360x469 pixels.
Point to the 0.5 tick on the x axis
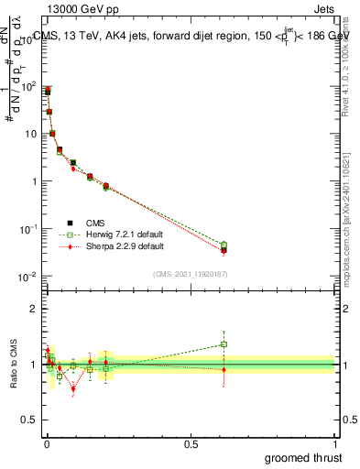(191, 442)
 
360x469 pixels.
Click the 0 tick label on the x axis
(47, 442)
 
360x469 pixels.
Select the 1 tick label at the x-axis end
(335, 442)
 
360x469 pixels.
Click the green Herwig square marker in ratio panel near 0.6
(224, 344)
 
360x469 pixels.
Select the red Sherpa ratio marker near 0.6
(224, 369)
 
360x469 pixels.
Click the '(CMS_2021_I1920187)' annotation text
(190, 274)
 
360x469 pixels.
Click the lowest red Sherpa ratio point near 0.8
(73, 388)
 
